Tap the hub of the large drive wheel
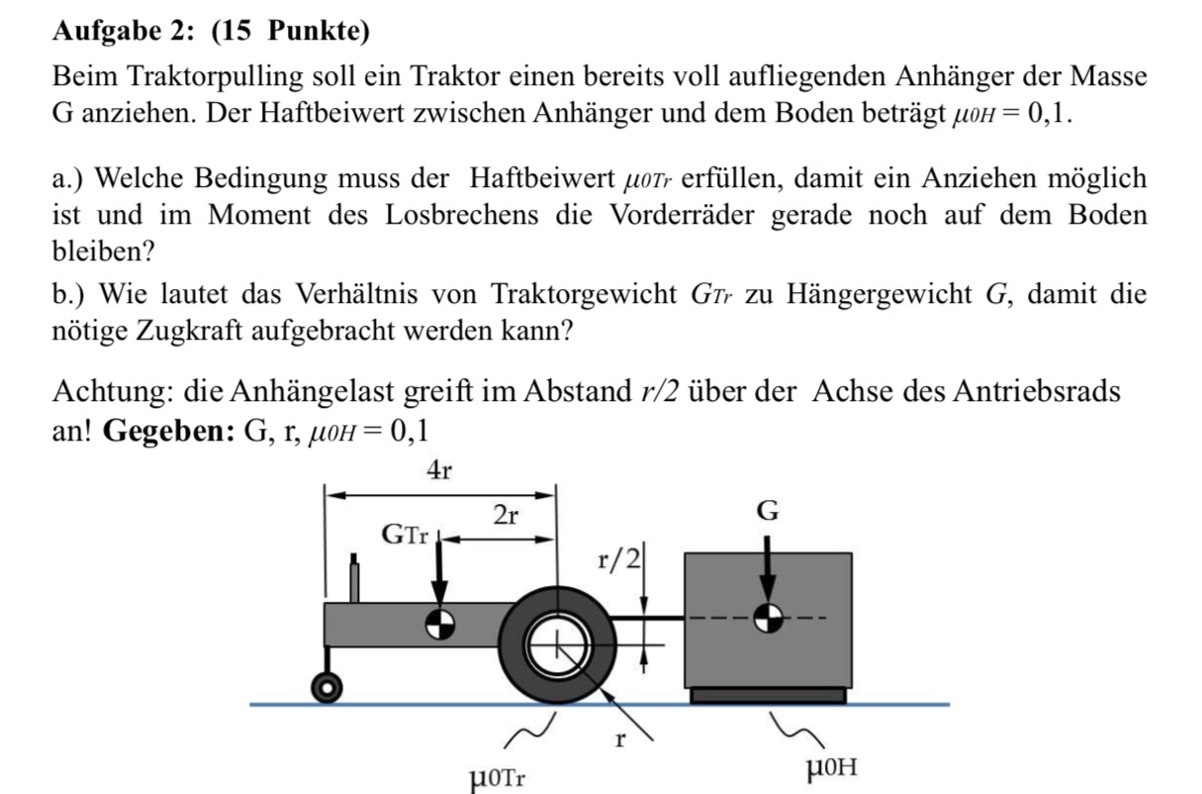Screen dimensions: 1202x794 (557, 645)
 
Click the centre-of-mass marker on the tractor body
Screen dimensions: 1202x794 (439, 622)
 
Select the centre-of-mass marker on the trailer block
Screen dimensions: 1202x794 (769, 619)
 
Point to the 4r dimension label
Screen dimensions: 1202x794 (439, 472)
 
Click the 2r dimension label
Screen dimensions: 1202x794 (507, 515)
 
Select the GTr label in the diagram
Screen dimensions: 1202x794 (406, 536)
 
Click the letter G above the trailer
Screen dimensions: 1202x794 (767, 512)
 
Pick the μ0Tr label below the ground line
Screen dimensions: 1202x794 (498, 774)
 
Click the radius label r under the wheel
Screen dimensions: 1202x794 (619, 739)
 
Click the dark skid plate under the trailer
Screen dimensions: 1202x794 (768, 695)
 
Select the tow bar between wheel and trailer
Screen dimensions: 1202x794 (650, 618)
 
